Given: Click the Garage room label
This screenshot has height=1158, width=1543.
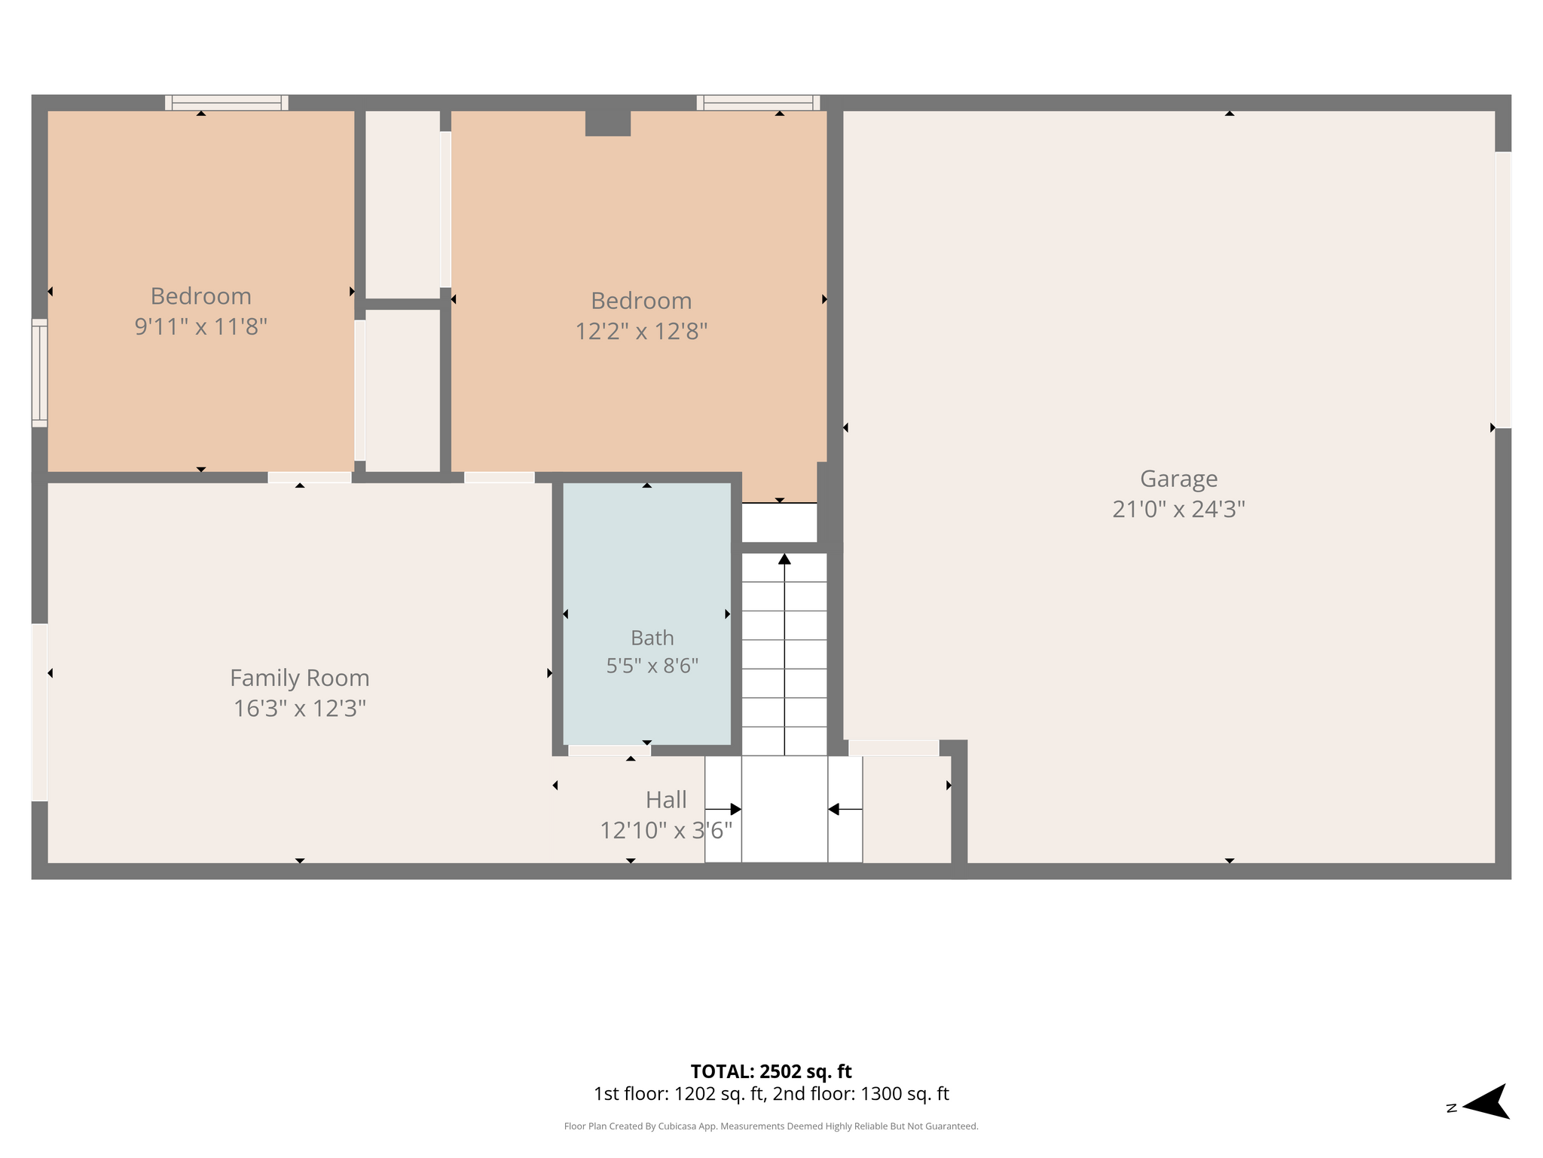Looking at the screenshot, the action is [x=1178, y=479].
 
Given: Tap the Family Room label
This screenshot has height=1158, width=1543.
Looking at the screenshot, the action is [x=300, y=679].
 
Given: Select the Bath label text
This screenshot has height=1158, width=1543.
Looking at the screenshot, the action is [x=652, y=638].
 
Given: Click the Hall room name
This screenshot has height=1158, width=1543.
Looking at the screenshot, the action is [x=666, y=800].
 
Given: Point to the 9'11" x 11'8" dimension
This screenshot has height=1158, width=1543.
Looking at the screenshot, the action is [x=201, y=327].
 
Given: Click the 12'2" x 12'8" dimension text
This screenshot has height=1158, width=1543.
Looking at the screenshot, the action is [x=641, y=332].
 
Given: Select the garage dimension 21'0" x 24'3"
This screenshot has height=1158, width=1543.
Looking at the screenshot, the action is [x=1178, y=510].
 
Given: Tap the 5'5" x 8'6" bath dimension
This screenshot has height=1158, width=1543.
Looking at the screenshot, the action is [x=652, y=666].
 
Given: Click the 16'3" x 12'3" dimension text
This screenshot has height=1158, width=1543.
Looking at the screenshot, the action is [x=300, y=709].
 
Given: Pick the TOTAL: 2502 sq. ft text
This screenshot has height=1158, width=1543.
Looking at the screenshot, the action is [x=771, y=1071].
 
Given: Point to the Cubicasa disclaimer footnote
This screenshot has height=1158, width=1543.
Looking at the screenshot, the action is [x=771, y=1126].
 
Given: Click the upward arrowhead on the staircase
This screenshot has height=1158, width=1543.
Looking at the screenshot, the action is [x=784, y=559].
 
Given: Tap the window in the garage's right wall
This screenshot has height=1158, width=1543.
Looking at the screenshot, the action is [x=1503, y=290].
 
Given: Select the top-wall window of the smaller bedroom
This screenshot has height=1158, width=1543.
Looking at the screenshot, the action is [x=227, y=103].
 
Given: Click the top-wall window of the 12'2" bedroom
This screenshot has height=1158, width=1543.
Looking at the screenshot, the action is [x=758, y=103].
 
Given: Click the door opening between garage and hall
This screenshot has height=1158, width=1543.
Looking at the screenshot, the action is [x=894, y=748].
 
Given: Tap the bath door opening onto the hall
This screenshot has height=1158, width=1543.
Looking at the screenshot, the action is [x=610, y=750].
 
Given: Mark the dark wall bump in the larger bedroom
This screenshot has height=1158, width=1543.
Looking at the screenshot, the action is [x=608, y=124].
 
